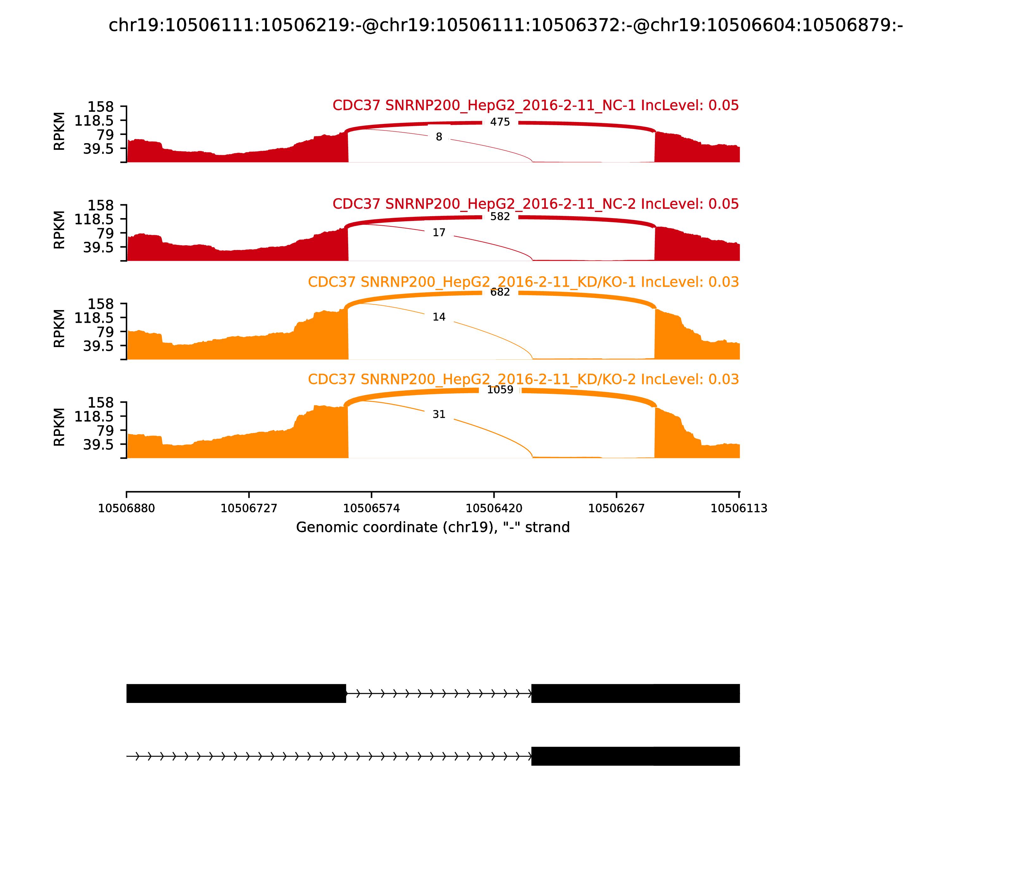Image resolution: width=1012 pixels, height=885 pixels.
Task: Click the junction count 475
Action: coord(500,122)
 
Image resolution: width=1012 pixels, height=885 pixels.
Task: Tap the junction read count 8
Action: coord(439,137)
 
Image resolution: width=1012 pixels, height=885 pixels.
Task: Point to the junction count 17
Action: coord(439,233)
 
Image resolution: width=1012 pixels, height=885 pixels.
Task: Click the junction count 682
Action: coord(500,292)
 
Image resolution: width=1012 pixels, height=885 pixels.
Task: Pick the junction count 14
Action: coord(439,317)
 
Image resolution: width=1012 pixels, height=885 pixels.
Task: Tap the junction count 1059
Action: coord(500,390)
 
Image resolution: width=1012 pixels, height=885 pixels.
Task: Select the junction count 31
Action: coord(439,414)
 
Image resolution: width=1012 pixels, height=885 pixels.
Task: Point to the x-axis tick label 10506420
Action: coord(494,508)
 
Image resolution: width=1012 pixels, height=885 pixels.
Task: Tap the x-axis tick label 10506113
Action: coord(739,508)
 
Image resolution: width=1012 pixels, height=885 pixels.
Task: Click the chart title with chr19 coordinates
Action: coord(505,25)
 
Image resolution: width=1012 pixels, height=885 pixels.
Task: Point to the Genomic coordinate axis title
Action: coord(433,528)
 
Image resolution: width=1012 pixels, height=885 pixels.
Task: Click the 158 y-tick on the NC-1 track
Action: coord(101,107)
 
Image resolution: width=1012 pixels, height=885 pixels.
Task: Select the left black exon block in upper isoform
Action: coord(236,693)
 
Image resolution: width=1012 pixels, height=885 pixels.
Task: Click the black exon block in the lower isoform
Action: coord(635,756)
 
